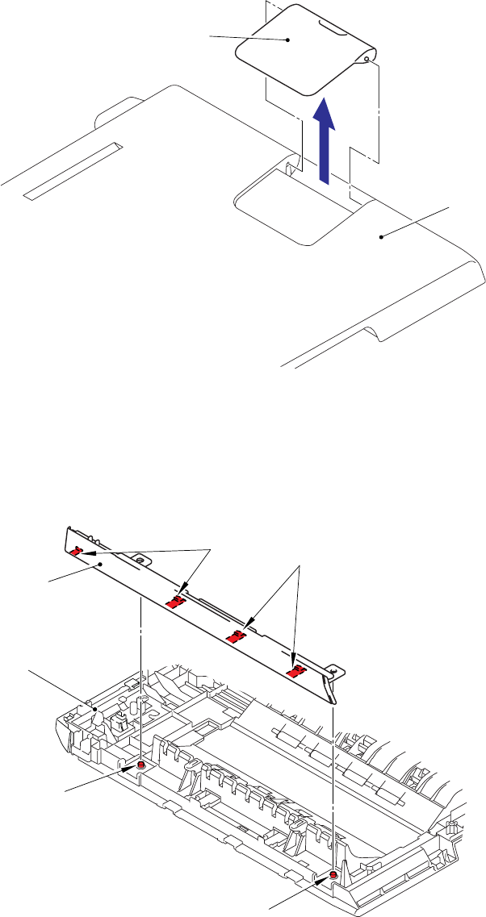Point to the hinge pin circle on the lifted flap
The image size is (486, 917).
pyautogui.click(x=367, y=58)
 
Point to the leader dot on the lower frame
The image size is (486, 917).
pyautogui.click(x=96, y=709)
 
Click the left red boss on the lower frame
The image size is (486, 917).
pyautogui.click(x=141, y=764)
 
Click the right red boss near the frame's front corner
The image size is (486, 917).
pyautogui.click(x=333, y=876)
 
